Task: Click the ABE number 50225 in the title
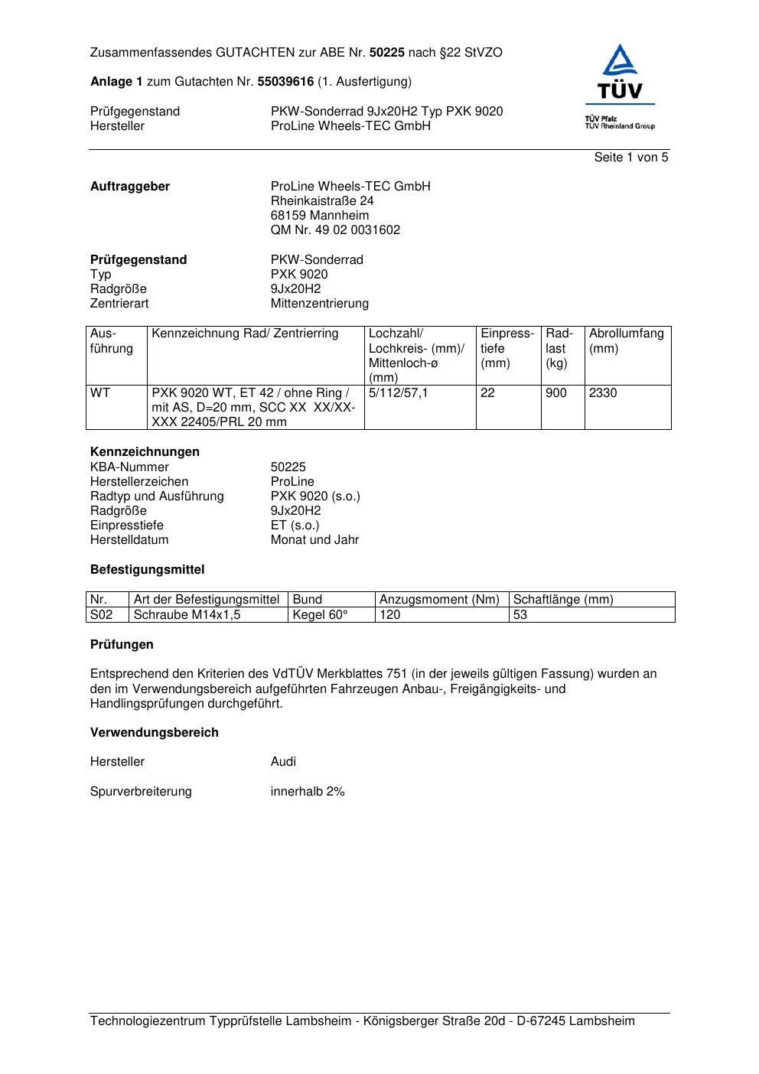click(x=386, y=53)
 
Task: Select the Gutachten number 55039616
click(x=285, y=82)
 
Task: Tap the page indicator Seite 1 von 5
click(x=630, y=158)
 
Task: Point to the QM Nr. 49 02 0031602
click(x=335, y=230)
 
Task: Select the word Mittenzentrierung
click(x=319, y=304)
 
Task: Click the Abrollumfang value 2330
click(x=603, y=393)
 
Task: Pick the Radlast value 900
click(x=556, y=393)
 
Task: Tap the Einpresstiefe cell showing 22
click(x=487, y=393)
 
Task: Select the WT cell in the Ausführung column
click(x=100, y=393)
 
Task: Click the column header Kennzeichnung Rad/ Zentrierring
click(x=245, y=334)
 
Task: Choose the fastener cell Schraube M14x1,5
click(x=187, y=615)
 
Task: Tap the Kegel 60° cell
click(x=320, y=615)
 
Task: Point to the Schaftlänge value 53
click(x=520, y=615)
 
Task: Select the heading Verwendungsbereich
click(x=155, y=733)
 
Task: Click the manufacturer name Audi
click(x=283, y=762)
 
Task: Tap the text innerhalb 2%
click(x=308, y=792)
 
